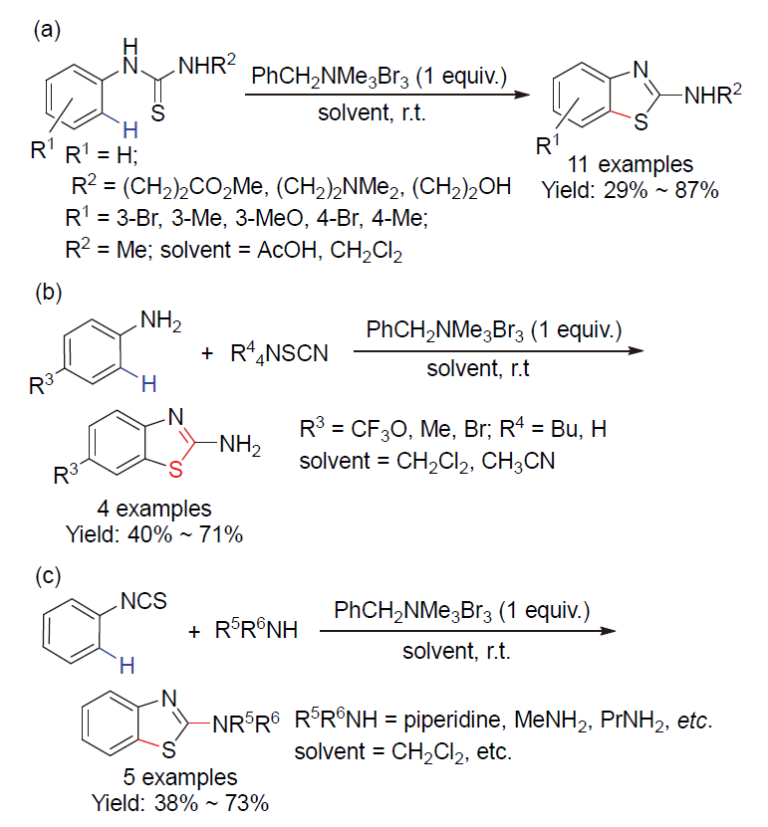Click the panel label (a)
47,31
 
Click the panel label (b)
48,292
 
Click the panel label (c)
48,575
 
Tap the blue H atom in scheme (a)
130,129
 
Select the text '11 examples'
630,164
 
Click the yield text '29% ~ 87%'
660,189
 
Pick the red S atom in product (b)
175,469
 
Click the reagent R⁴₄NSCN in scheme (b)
279,354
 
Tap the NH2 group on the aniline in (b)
160,320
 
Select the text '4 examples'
154,509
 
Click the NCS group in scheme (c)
143,601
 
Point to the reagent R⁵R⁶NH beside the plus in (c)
256,629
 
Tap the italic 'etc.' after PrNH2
694,721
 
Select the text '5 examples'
180,777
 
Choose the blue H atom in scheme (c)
128,666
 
